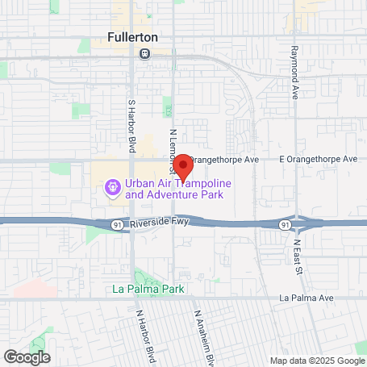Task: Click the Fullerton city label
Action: [x=132, y=37]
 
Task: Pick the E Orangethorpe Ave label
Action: [x=318, y=160]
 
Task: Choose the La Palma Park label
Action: [x=148, y=288]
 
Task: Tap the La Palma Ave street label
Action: [x=306, y=298]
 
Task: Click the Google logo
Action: [x=27, y=356]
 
